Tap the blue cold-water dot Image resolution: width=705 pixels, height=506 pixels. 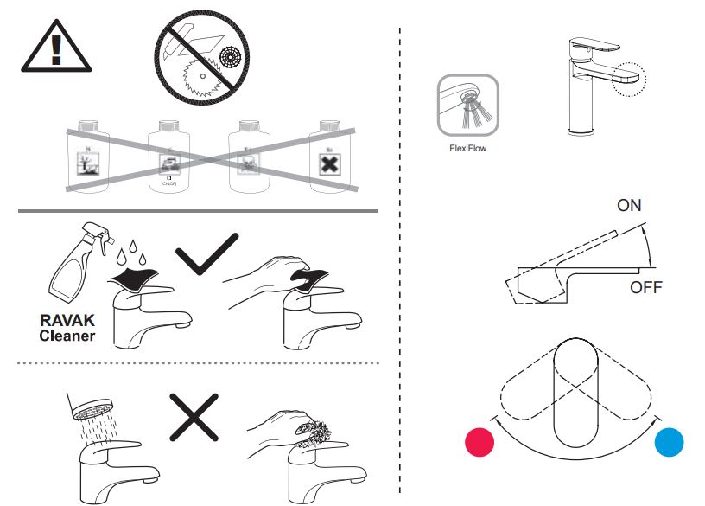[670, 442]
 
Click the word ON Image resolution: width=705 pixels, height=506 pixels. [629, 206]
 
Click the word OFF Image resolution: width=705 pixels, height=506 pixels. [645, 287]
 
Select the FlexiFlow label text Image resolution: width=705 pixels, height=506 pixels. [467, 149]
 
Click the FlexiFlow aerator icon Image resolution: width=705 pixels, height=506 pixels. [467, 105]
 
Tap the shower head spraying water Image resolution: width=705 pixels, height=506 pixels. [91, 407]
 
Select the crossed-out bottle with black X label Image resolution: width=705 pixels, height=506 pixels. [327, 157]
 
